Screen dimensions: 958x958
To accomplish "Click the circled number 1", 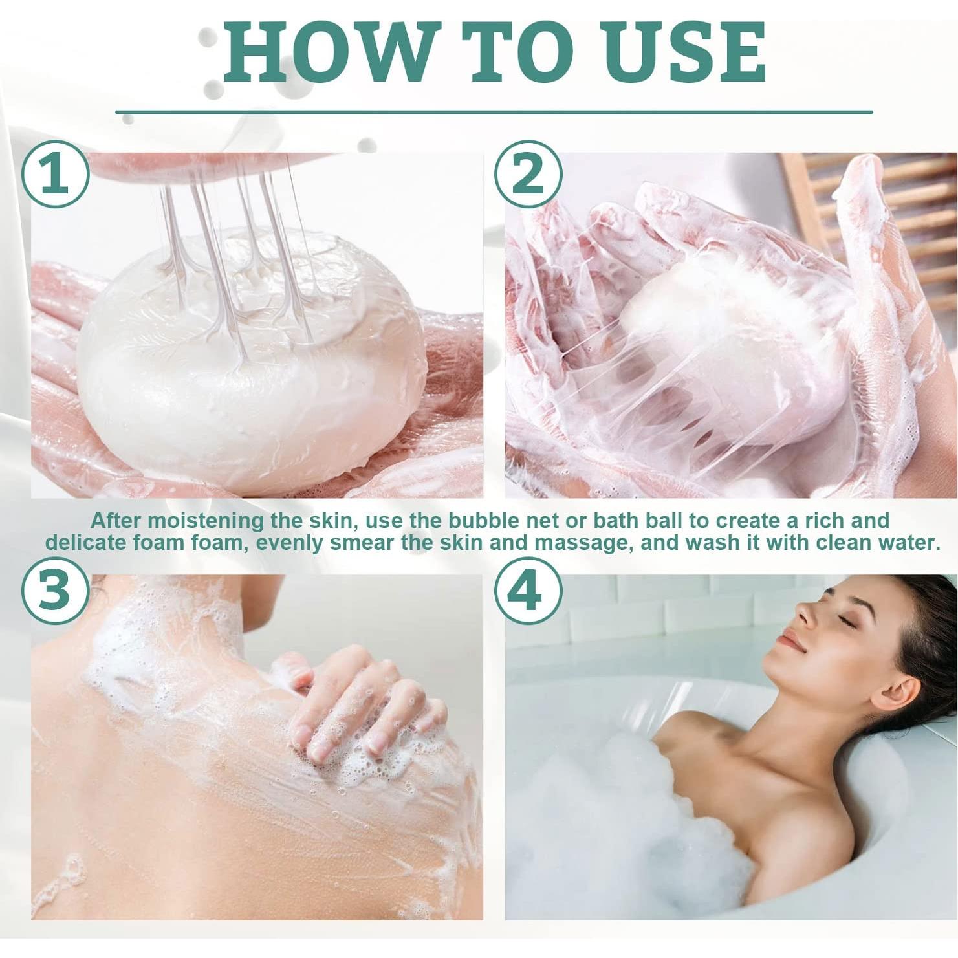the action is (55, 175).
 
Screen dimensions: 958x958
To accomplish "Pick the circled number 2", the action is (528, 175).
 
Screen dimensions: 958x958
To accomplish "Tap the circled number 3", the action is (55, 590).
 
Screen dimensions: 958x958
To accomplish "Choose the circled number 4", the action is (528, 590).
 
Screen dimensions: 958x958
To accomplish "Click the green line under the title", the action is (494, 112).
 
